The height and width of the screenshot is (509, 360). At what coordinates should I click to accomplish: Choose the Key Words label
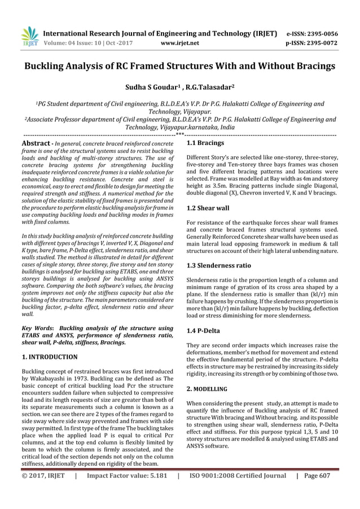click(x=37, y=327)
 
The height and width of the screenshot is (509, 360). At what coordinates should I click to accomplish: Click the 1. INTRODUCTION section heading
click(x=49, y=357)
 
